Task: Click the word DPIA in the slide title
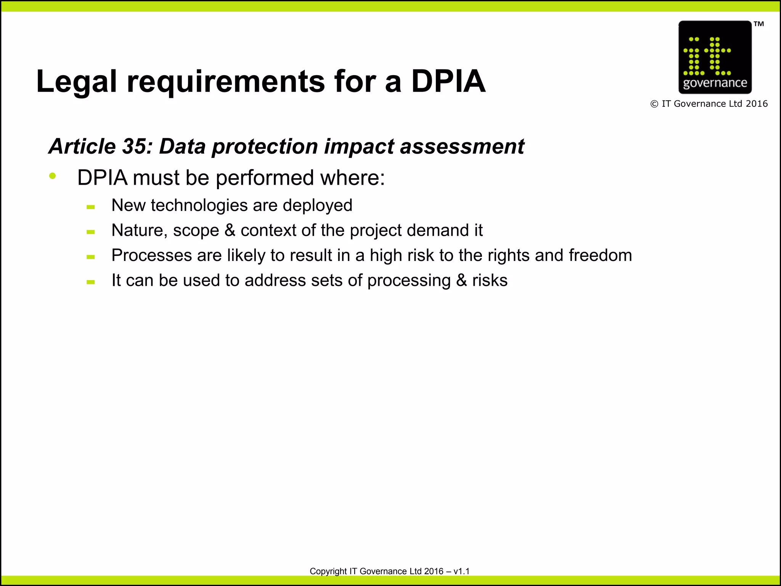448,81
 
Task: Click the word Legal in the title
76,82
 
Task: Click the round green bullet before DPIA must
53,176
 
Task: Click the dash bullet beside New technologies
90,207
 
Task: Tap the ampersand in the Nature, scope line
230,230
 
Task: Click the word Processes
151,255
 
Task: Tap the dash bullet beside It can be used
90,282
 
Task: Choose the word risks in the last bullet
490,280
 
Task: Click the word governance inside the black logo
715,83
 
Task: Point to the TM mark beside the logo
759,24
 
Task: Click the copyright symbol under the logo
654,104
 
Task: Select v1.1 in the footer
461,571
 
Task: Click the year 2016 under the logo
757,104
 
